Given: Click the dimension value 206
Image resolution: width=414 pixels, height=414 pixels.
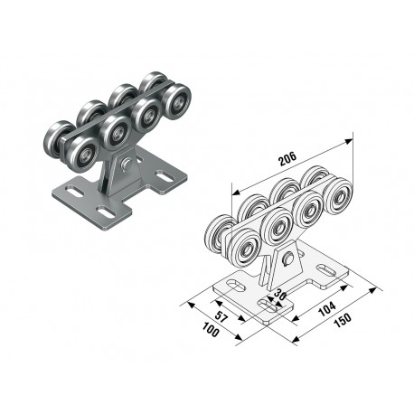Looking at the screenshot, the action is tap(288, 159).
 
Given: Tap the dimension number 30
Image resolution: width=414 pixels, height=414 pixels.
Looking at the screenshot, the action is tap(279, 296).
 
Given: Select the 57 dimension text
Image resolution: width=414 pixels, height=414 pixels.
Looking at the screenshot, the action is tap(221, 316).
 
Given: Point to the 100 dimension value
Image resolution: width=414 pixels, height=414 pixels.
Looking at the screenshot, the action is tap(211, 330).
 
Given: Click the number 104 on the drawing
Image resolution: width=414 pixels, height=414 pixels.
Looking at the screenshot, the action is tap(327, 308).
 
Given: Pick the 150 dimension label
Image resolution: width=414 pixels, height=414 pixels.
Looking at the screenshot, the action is tap(343, 322).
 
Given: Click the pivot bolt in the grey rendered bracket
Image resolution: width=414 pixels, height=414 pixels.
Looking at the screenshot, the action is tap(125, 164).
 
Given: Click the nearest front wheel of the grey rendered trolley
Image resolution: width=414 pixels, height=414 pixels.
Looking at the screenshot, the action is tap(83, 154).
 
